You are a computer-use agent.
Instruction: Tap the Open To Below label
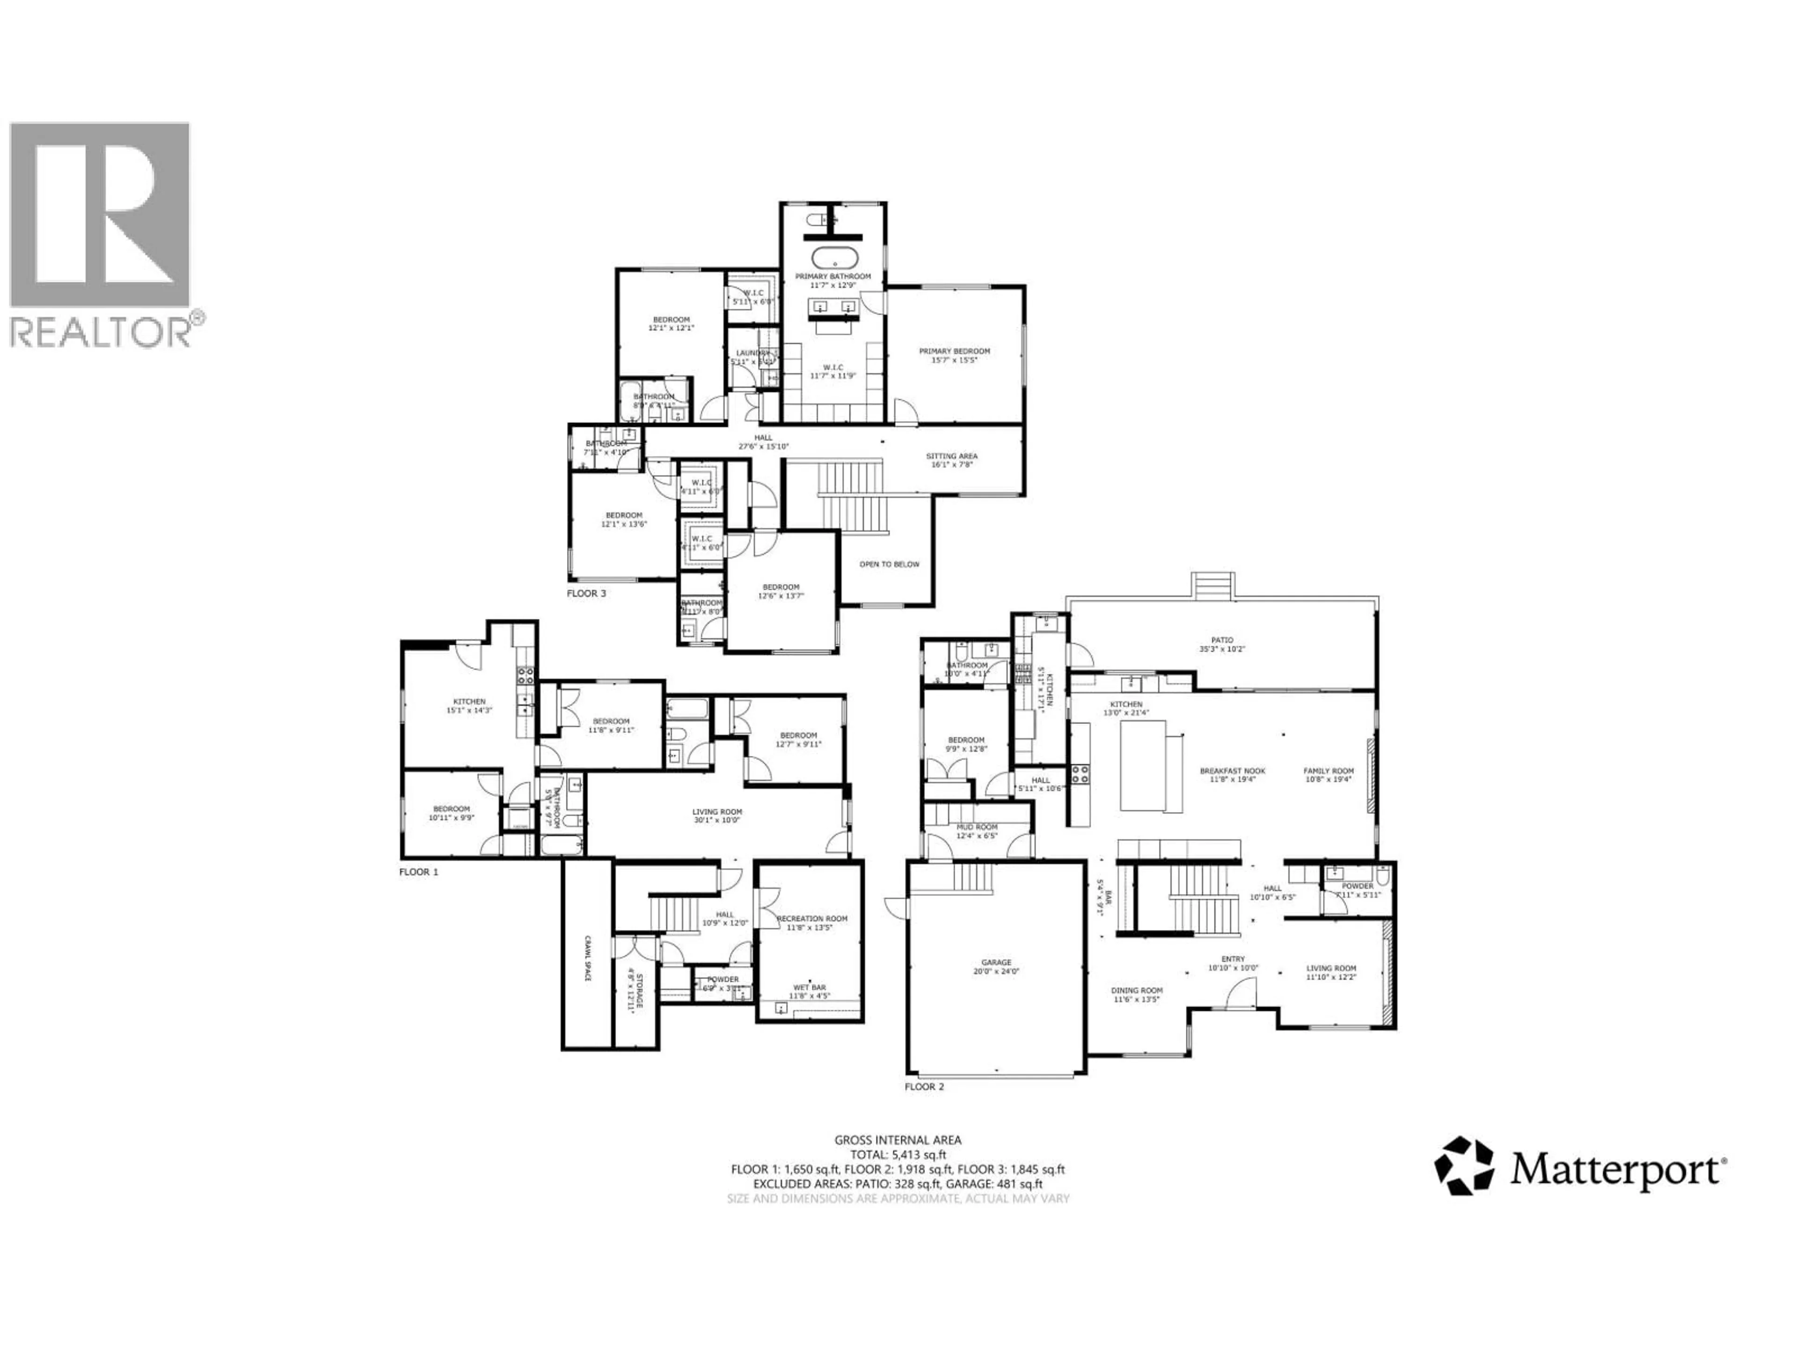pos(890,564)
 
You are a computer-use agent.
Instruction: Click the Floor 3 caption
pos(586,594)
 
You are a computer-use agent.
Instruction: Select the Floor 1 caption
pos(418,872)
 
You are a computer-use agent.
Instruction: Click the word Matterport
pos(1617,1171)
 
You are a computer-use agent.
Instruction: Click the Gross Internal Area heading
pos(898,1140)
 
